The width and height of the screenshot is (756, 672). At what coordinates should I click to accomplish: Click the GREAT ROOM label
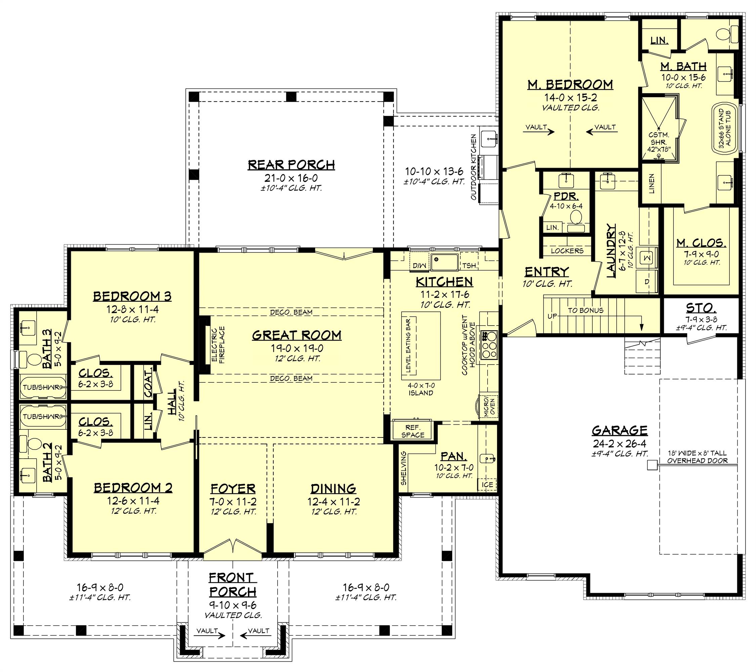pyautogui.click(x=297, y=335)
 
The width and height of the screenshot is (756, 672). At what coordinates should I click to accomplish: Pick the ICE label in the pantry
pyautogui.click(x=487, y=485)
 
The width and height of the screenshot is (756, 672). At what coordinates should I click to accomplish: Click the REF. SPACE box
pyautogui.click(x=413, y=431)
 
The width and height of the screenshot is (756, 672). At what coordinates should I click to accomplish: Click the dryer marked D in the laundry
pyautogui.click(x=647, y=282)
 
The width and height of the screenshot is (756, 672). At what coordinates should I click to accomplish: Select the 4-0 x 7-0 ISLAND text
pyautogui.click(x=421, y=389)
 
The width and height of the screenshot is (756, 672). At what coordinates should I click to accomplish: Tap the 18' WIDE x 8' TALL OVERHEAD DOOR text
pyautogui.click(x=697, y=457)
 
